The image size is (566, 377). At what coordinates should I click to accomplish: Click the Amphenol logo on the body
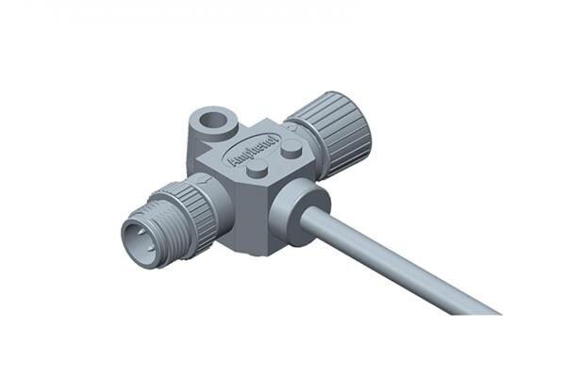click(254, 152)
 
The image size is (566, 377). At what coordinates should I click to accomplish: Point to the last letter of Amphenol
click(275, 140)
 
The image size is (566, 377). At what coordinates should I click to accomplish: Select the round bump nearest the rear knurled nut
click(291, 149)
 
